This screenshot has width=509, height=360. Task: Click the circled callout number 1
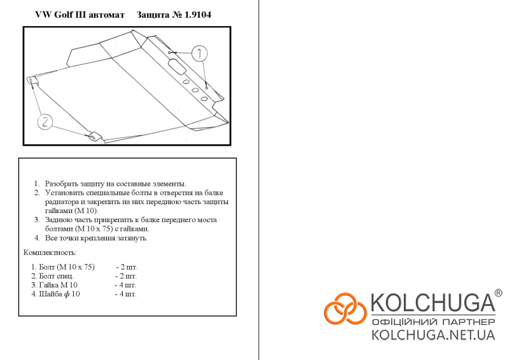(x=199, y=53)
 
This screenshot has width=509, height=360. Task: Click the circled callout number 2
(x=45, y=122)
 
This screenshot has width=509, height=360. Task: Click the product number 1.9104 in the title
(x=198, y=15)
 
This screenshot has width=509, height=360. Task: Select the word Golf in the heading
(x=63, y=15)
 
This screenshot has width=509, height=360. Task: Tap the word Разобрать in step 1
(x=61, y=184)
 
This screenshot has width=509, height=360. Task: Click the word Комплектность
(x=50, y=253)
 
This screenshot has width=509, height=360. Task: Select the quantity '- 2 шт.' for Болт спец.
(x=126, y=276)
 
